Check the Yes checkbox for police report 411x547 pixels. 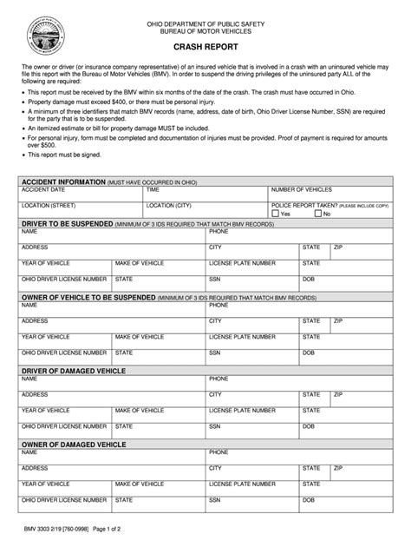(x=276, y=213)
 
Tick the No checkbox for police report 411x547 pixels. (x=317, y=213)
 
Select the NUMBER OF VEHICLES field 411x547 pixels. (x=329, y=194)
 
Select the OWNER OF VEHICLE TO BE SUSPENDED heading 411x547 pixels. (x=87, y=297)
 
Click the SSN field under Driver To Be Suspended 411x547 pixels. (x=251, y=285)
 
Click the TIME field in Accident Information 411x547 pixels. (x=205, y=194)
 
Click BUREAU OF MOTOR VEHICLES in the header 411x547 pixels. (x=205, y=30)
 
